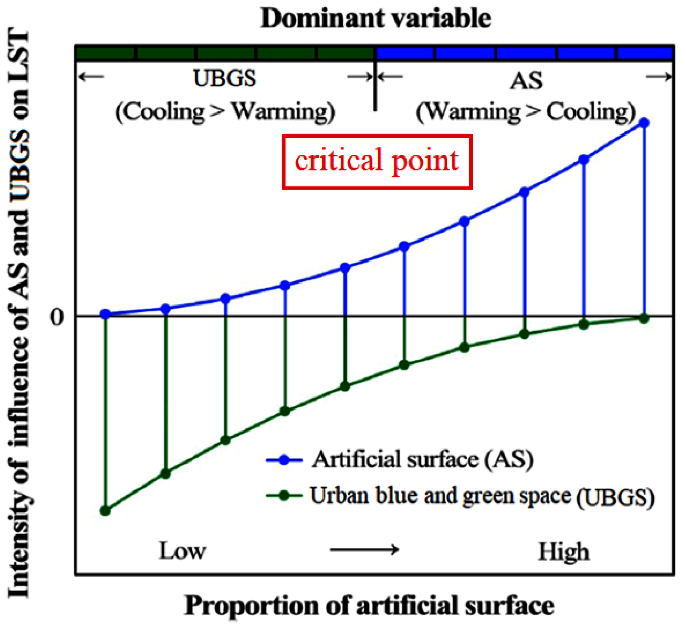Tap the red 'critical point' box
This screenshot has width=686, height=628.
click(377, 162)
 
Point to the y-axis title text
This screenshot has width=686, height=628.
click(19, 313)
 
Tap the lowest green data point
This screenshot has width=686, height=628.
click(105, 511)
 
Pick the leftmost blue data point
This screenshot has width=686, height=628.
click(105, 314)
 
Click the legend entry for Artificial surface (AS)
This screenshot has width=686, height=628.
click(422, 460)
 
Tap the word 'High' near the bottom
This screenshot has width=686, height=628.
click(564, 552)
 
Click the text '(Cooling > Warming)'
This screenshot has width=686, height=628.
click(225, 112)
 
